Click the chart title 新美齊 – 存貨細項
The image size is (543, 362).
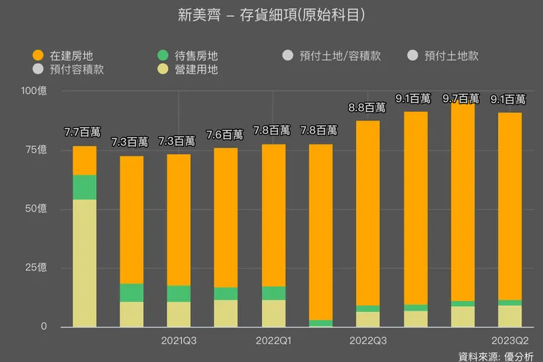click(x=271, y=15)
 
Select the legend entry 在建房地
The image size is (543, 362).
click(x=70, y=55)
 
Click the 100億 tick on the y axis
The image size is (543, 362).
click(x=34, y=91)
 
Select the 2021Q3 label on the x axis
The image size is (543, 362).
click(x=178, y=341)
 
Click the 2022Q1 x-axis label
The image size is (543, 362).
click(x=273, y=341)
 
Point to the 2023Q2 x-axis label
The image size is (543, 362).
click(x=509, y=341)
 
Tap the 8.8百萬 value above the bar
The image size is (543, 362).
click(x=367, y=107)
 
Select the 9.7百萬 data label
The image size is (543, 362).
click(x=461, y=98)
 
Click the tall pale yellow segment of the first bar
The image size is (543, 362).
click(x=84, y=263)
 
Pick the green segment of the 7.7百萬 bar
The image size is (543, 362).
click(x=84, y=187)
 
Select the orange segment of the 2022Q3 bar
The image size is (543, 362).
click(x=368, y=213)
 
